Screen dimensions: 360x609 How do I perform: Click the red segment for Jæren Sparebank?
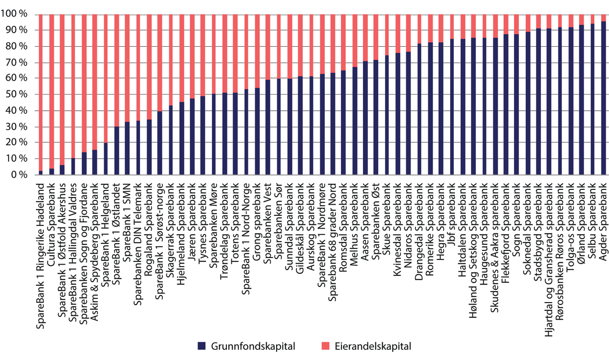[x=192, y=56]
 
